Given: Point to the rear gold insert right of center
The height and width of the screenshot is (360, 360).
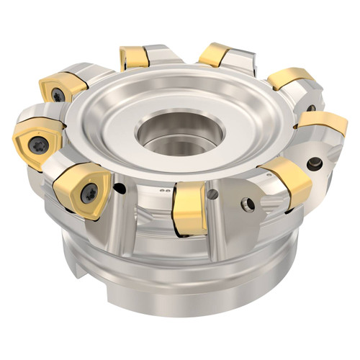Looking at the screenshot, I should [x=216, y=54].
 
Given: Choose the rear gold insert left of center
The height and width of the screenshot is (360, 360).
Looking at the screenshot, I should [x=135, y=57].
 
